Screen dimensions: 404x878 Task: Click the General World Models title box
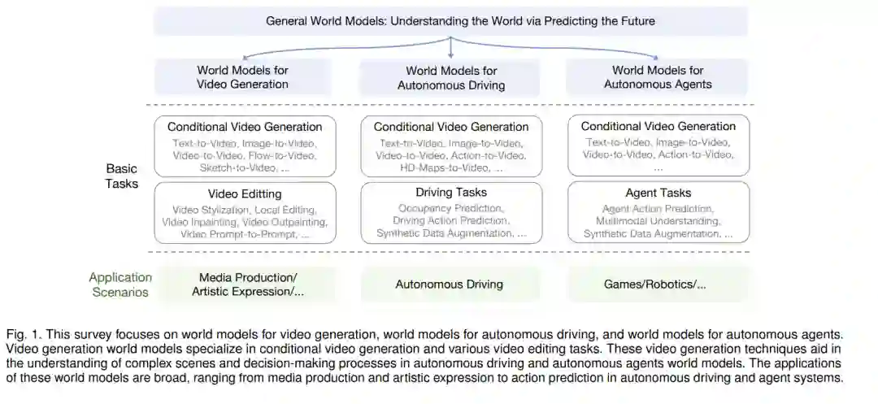pyautogui.click(x=450, y=21)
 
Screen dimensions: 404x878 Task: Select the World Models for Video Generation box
pyautogui.click(x=242, y=77)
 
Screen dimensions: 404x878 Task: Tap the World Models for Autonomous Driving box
pyautogui.click(x=450, y=77)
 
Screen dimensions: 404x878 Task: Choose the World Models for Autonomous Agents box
pyautogui.click(x=658, y=77)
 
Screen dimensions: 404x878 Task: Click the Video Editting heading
pyautogui.click(x=245, y=194)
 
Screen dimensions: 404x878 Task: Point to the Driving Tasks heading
pyautogui.click(x=451, y=193)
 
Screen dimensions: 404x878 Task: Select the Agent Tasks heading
pyautogui.click(x=658, y=193)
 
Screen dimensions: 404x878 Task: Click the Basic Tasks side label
pyautogui.click(x=122, y=176)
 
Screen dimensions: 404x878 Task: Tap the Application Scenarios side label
pyautogui.click(x=120, y=285)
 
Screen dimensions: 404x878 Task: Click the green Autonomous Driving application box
pyautogui.click(x=449, y=285)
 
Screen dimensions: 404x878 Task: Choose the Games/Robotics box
pyautogui.click(x=654, y=285)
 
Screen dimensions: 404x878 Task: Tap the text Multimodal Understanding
pyautogui.click(x=658, y=221)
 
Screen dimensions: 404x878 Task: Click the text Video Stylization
pyautogui.click(x=207, y=210)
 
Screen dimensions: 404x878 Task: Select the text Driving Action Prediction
pyautogui.click(x=451, y=221)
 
